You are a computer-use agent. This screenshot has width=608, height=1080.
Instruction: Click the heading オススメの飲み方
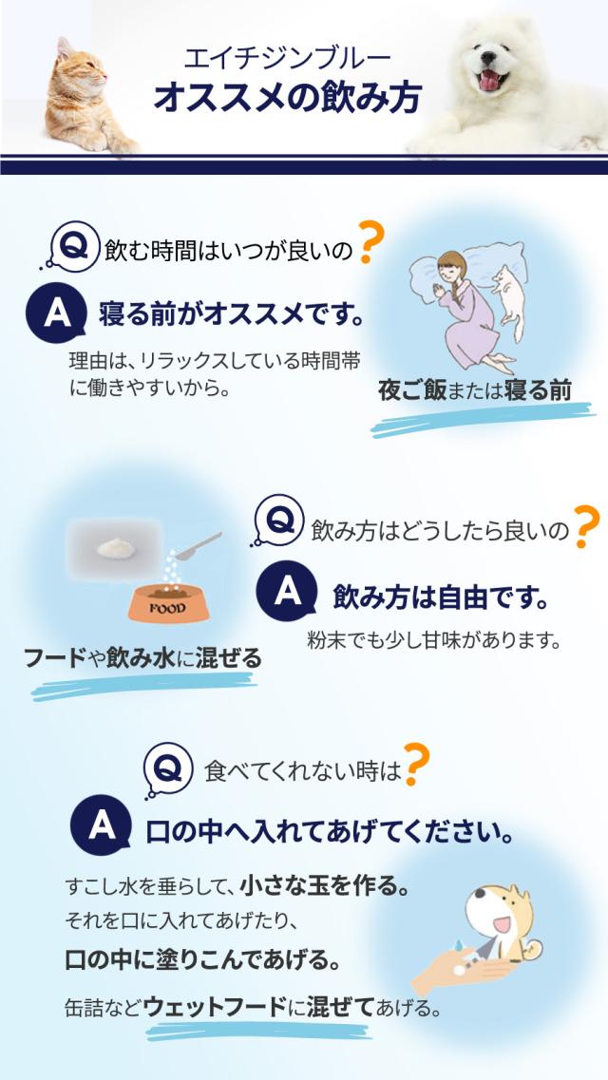pos(288,99)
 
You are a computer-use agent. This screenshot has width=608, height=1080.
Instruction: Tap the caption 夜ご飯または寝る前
pos(474,390)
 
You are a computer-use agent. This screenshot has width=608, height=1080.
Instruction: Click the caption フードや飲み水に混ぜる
pos(142,656)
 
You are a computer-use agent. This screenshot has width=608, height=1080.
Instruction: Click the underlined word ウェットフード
pos(215,1006)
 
